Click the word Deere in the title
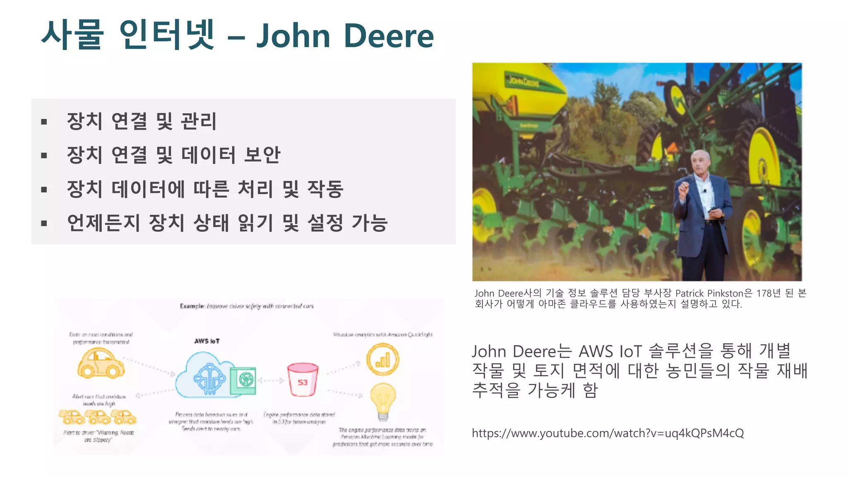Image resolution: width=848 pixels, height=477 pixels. (x=388, y=36)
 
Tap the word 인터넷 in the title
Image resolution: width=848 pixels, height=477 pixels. (x=167, y=35)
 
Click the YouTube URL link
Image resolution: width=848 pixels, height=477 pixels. (x=607, y=433)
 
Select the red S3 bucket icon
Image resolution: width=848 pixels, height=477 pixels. (x=303, y=379)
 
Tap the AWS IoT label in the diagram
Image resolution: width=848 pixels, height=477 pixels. (x=207, y=341)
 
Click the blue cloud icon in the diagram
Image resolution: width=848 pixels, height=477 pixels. (x=203, y=375)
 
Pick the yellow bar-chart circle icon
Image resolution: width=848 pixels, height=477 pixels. (x=383, y=359)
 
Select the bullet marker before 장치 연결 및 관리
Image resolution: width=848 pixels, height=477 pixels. (x=44, y=122)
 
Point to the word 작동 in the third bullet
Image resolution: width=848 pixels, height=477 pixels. (x=325, y=189)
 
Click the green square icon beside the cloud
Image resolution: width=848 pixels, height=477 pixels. (x=243, y=380)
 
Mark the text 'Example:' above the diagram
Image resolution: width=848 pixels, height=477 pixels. (x=192, y=306)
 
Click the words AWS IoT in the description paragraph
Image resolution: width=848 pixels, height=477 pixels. (x=610, y=352)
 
